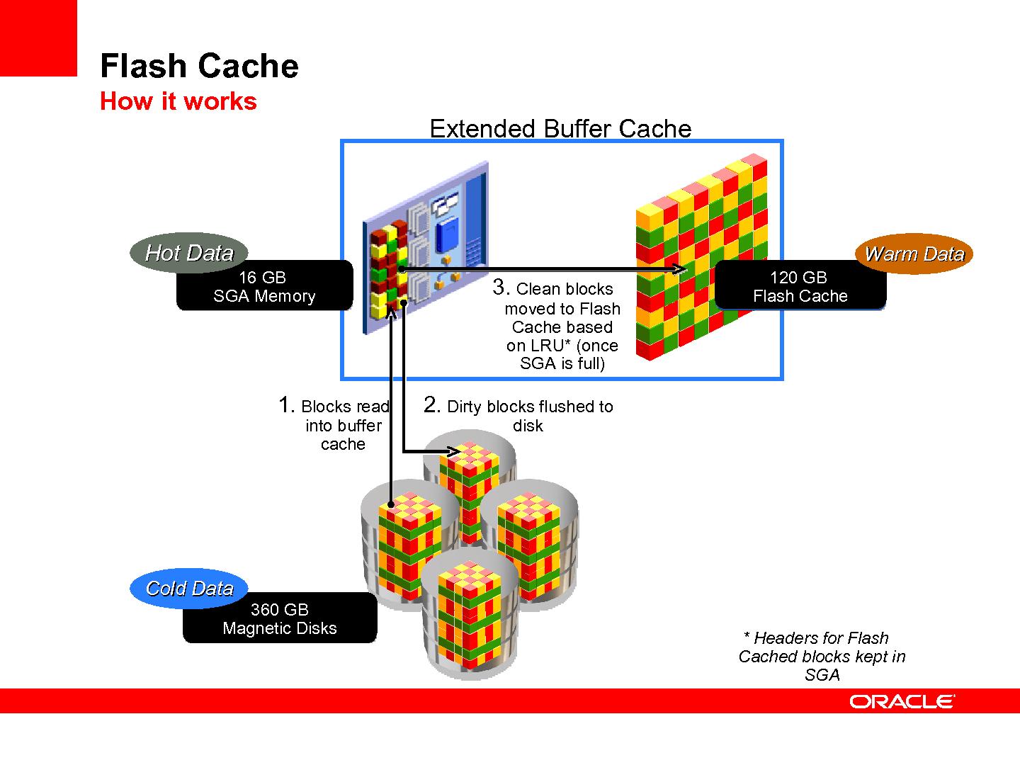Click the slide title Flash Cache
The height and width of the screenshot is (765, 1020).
pyautogui.click(x=199, y=66)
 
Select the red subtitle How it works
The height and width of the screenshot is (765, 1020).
pyautogui.click(x=178, y=101)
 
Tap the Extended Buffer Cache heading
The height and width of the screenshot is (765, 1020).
pyautogui.click(x=560, y=128)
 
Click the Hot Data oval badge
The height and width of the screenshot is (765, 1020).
pyautogui.click(x=190, y=253)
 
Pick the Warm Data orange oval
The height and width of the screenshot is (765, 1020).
pyautogui.click(x=914, y=254)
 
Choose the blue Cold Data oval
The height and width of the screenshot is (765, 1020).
pyautogui.click(x=189, y=588)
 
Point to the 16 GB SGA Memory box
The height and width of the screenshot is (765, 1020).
pyautogui.click(x=264, y=286)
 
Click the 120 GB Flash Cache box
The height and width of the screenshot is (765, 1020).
pyautogui.click(x=800, y=286)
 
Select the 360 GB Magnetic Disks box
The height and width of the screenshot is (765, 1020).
pyautogui.click(x=280, y=618)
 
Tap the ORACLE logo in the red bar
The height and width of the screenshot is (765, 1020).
pyautogui.click(x=902, y=701)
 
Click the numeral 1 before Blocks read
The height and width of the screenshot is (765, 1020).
pyautogui.click(x=285, y=405)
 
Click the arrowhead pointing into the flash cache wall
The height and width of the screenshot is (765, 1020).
pyautogui.click(x=681, y=269)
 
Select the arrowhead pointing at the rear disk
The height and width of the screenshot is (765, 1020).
pyautogui.click(x=453, y=450)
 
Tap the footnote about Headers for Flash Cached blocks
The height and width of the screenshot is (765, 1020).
pyautogui.click(x=822, y=657)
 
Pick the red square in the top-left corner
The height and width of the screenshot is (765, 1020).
pyautogui.click(x=38, y=38)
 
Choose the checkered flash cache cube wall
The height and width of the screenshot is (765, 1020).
pyautogui.click(x=701, y=262)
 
